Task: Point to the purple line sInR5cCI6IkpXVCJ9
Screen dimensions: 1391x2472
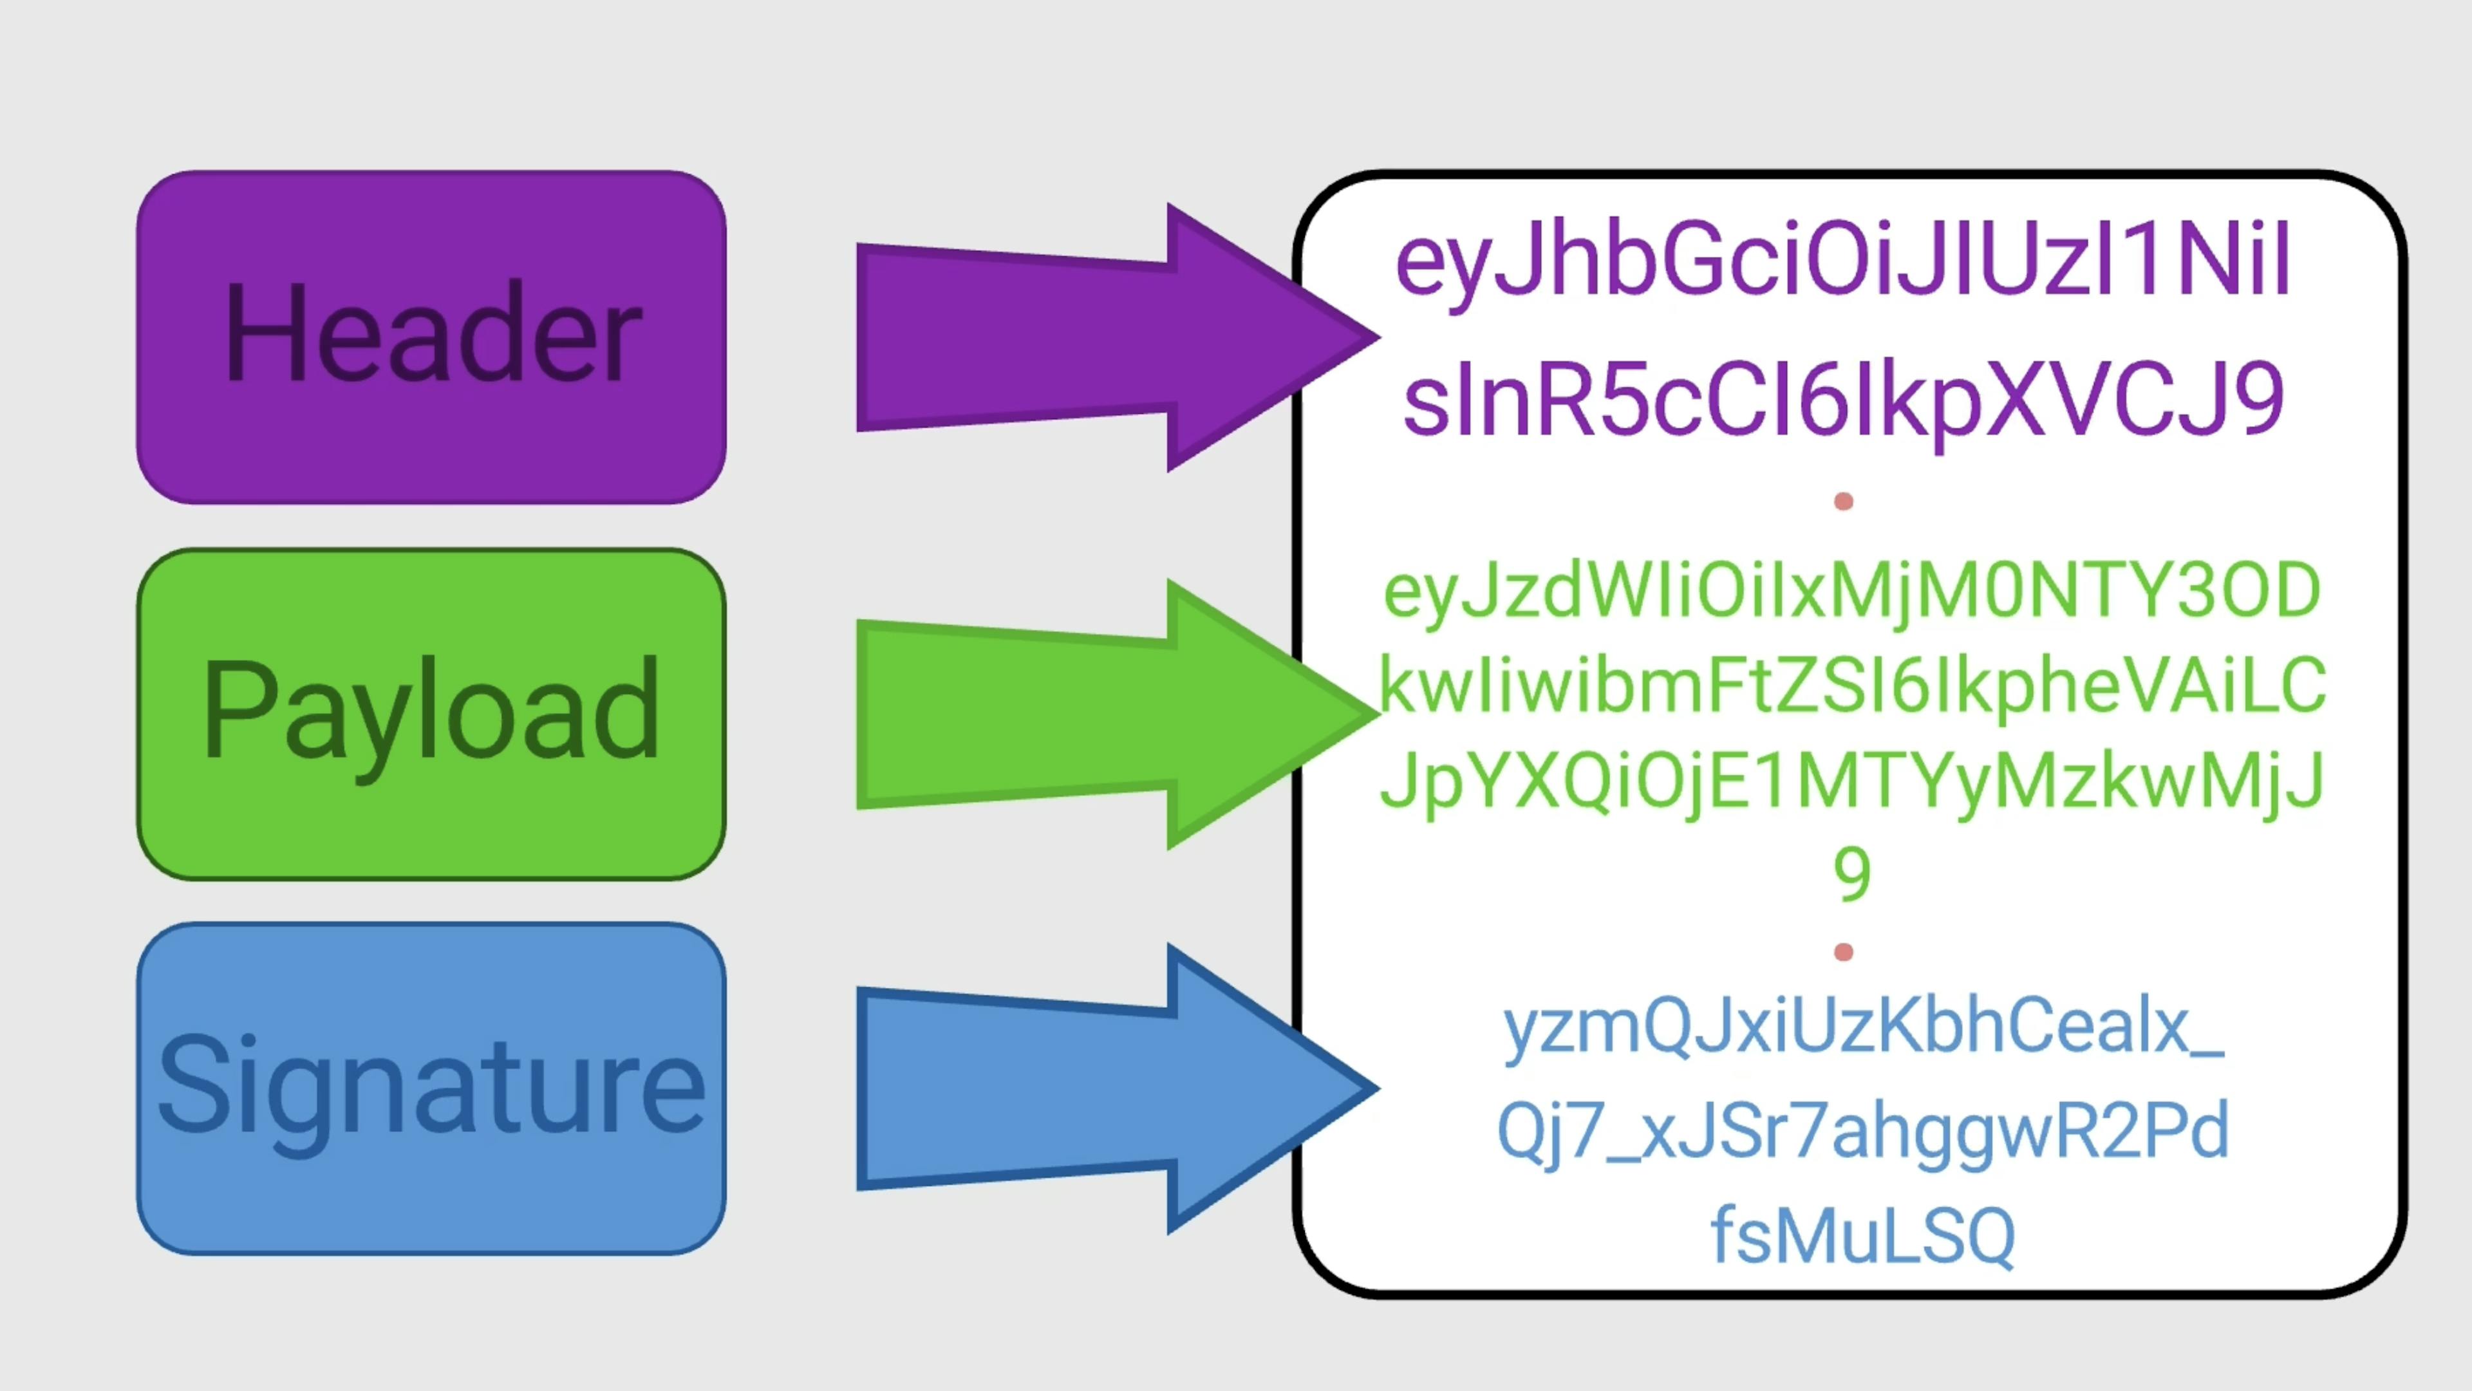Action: click(x=1842, y=401)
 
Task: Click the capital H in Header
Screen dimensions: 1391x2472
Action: click(x=265, y=332)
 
